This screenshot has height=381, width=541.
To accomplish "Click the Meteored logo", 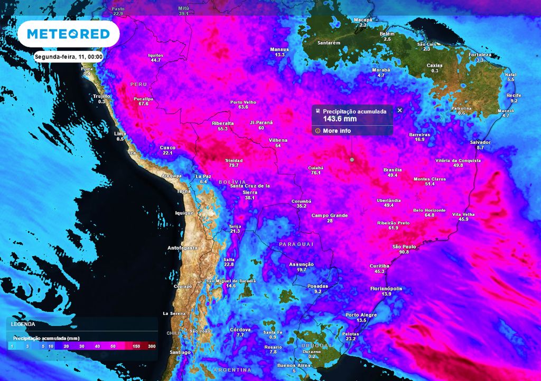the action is click(x=68, y=34).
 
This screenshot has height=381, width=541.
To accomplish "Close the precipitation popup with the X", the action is click(x=399, y=110).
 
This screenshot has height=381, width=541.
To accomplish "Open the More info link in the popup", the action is click(x=337, y=130).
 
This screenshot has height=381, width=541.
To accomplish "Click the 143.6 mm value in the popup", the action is click(x=340, y=119).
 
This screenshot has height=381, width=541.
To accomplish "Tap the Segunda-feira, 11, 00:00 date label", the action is click(x=68, y=57).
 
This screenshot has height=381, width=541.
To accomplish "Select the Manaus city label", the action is click(x=279, y=49).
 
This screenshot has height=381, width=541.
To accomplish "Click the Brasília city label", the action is click(x=393, y=170).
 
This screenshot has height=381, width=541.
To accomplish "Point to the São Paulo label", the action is click(x=404, y=247).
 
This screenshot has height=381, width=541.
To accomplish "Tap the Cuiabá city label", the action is click(x=315, y=168).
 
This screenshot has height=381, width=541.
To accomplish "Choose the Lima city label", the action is click(x=120, y=134).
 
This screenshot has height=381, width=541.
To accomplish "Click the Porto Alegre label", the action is click(x=361, y=315).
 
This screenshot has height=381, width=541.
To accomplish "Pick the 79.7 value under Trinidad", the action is click(x=234, y=166).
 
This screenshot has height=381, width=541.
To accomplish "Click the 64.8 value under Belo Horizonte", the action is click(x=429, y=215).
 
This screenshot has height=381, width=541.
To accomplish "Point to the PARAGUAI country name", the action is click(x=296, y=244).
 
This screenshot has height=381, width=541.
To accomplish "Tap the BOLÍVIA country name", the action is click(x=232, y=182).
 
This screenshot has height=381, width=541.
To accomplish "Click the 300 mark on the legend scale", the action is click(x=152, y=346).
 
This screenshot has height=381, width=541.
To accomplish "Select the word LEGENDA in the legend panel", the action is click(x=23, y=324).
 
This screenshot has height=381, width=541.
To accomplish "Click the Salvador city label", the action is click(x=480, y=142).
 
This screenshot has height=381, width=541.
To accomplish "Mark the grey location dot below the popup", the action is click(x=352, y=159).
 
